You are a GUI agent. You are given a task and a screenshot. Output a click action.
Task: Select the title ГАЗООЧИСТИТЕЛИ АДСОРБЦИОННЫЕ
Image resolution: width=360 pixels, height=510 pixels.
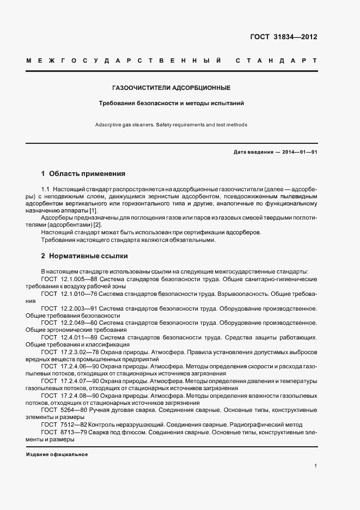click(172, 87)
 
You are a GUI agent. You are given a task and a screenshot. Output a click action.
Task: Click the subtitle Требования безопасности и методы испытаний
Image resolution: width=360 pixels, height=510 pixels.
click(171, 102)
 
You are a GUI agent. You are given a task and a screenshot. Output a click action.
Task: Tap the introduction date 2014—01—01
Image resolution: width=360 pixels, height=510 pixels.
click(300, 152)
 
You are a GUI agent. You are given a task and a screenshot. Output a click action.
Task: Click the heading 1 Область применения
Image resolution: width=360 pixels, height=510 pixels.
click(83, 174)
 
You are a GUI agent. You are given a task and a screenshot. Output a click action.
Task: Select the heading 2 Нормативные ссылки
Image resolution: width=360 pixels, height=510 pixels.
click(84, 255)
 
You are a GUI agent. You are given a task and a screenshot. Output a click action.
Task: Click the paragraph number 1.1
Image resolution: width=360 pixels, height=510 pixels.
click(46, 189)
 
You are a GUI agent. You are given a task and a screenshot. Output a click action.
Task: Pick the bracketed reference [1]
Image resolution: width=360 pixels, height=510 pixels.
click(93, 211)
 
